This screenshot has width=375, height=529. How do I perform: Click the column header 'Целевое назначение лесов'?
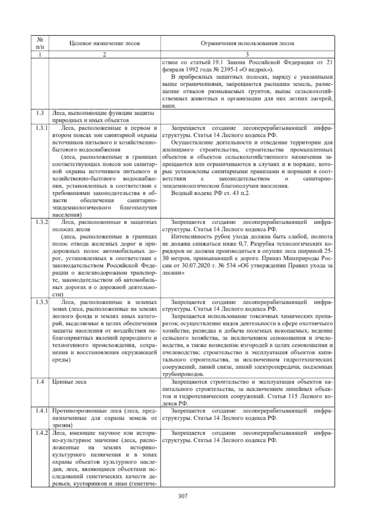(x=104, y=43)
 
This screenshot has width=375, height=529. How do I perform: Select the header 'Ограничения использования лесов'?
(x=247, y=43)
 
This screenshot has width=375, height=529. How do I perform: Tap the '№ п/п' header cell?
(x=40, y=43)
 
